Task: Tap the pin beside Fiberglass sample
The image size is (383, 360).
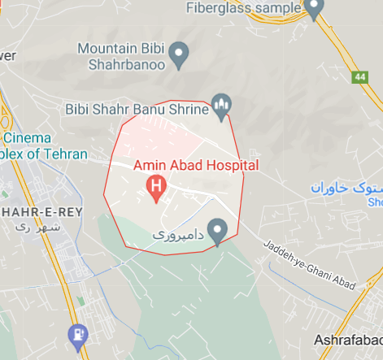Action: [x=314, y=8]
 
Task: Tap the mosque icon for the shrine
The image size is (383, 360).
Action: [x=222, y=105]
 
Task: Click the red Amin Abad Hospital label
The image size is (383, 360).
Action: [x=195, y=165]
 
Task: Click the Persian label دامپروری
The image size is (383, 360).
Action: [x=176, y=233]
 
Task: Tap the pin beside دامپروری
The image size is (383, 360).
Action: [x=217, y=231]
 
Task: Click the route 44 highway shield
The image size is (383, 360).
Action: [x=359, y=77]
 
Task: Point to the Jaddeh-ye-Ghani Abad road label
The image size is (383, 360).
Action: [x=310, y=266]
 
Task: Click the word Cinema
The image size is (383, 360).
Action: [x=26, y=138]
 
